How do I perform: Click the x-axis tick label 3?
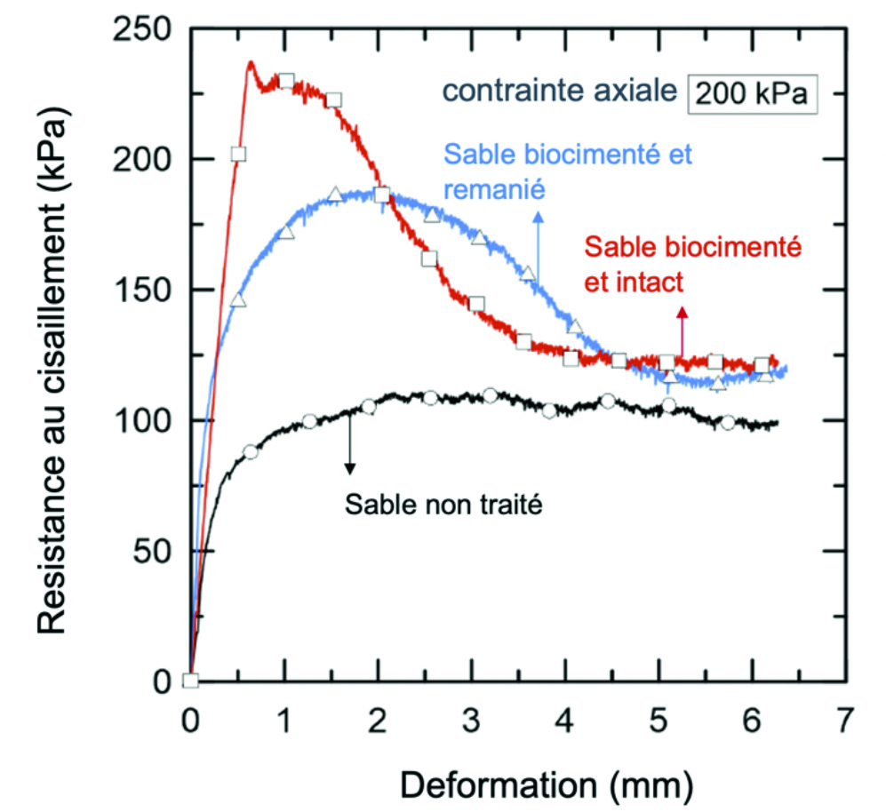[x=471, y=718]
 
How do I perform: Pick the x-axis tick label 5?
[x=659, y=718]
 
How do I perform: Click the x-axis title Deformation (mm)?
[x=545, y=784]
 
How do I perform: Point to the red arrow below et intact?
[x=682, y=329]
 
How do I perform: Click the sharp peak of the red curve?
[x=251, y=62]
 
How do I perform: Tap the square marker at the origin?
[x=190, y=681]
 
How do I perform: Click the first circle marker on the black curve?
[x=251, y=452]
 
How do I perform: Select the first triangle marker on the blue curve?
[x=237, y=300]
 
